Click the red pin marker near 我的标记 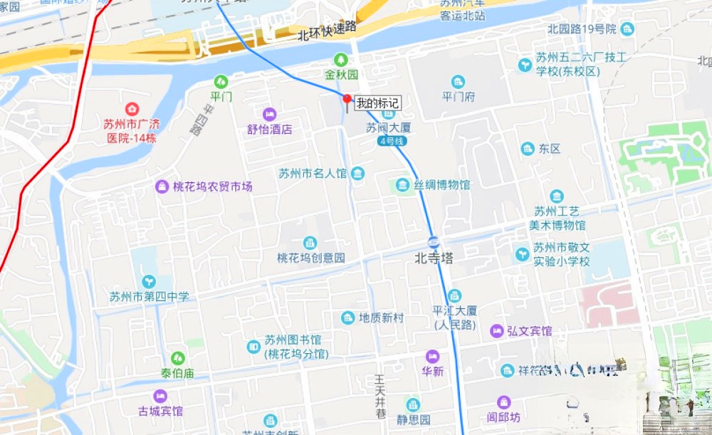pos(347,99)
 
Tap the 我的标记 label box pos(378,103)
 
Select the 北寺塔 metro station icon pos(434,240)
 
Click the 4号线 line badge pos(392,141)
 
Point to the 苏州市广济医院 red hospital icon pos(132,110)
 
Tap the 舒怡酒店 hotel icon pos(269,114)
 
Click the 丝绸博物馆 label pos(442,185)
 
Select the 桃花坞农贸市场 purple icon pos(162,187)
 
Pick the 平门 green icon pos(221,81)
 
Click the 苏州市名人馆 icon pos(357,173)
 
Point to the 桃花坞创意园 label pos(311,258)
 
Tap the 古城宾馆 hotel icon pos(160,396)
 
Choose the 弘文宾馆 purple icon pos(496,331)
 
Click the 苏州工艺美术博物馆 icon pos(557,196)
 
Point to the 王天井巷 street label pos(379,397)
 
